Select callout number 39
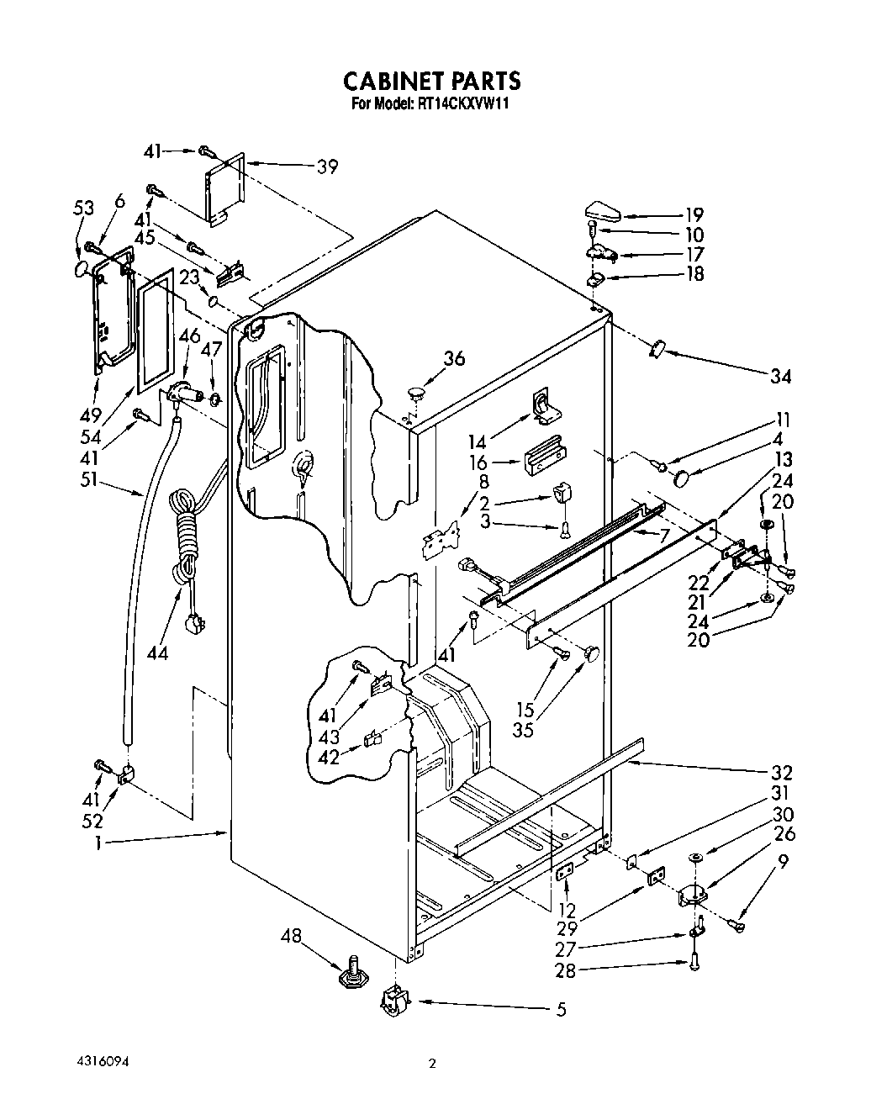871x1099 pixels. pos(327,167)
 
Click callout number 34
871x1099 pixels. pos(781,376)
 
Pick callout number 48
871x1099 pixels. pos(290,937)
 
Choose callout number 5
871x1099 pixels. pos(560,1010)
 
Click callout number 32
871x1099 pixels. pos(782,773)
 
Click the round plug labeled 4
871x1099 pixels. pos(683,479)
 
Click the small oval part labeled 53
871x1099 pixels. pos(82,269)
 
